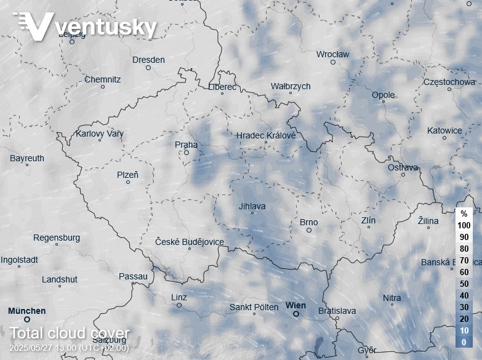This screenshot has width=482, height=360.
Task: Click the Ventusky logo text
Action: pyautogui.click(x=105, y=26)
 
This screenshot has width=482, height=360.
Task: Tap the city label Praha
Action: pyautogui.click(x=187, y=145)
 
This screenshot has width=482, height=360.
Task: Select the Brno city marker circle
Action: pyautogui.click(x=309, y=230)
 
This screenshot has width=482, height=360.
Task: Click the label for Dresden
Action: pyautogui.click(x=148, y=60)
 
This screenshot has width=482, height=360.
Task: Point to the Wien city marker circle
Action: pyautogui.click(x=295, y=314)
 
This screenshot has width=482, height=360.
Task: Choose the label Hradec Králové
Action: pyautogui.click(x=266, y=135)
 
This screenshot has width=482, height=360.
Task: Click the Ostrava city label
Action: pyautogui.click(x=403, y=167)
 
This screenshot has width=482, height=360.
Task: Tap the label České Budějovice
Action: pyautogui.click(x=190, y=242)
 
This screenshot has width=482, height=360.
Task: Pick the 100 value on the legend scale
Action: pyautogui.click(x=464, y=225)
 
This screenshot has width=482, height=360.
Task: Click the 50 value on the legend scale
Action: pyautogui.click(x=464, y=284)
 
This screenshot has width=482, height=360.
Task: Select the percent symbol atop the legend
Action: pyautogui.click(x=464, y=214)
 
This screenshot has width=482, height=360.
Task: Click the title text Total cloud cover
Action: pyautogui.click(x=70, y=334)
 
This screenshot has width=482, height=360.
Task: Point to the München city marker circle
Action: pyautogui.click(x=26, y=319)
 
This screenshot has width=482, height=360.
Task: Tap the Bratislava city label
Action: pyautogui.click(x=337, y=311)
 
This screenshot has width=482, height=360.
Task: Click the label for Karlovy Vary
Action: pyautogui.click(x=100, y=134)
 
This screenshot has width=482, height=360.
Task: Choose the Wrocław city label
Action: pyautogui.click(x=332, y=54)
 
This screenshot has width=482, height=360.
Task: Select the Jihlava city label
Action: pyautogui.click(x=252, y=206)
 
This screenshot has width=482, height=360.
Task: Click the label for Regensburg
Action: pyautogui.click(x=57, y=238)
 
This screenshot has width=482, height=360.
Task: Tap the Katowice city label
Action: pyautogui.click(x=444, y=130)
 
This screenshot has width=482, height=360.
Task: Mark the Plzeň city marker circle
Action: pyautogui.click(x=128, y=182)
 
